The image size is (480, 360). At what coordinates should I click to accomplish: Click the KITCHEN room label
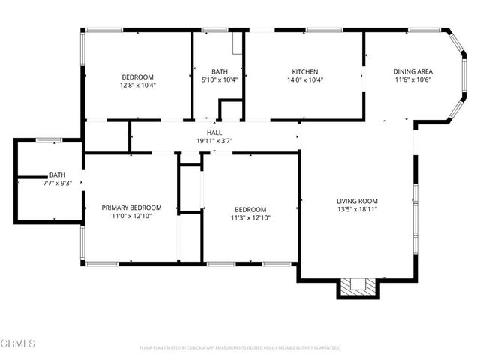[305, 71]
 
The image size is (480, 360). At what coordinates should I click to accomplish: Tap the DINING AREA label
[412, 71]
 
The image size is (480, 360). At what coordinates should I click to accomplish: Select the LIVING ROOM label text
[357, 201]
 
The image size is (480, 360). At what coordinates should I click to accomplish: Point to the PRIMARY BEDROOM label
[132, 208]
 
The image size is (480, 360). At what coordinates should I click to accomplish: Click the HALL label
[214, 132]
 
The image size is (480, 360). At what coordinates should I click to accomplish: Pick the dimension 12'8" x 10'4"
[138, 85]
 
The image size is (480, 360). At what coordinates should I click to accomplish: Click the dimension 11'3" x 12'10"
[250, 218]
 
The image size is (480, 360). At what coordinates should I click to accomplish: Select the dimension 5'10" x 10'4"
[220, 79]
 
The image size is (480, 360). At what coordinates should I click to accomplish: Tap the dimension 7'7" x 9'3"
[57, 183]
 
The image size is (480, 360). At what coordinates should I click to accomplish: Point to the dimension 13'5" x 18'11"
[357, 210]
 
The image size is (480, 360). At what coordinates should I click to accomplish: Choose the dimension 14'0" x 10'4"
[305, 80]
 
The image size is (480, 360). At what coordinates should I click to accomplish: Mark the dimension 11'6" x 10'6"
[412, 80]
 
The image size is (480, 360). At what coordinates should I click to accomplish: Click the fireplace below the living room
[357, 286]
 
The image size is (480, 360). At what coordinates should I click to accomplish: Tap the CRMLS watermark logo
[19, 343]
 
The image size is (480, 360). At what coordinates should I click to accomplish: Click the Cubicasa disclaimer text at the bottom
[240, 348]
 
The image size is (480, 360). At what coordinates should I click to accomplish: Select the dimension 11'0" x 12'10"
[132, 217]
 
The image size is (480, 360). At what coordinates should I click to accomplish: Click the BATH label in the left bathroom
[57, 175]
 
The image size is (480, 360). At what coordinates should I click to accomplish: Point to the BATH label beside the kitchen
[220, 71]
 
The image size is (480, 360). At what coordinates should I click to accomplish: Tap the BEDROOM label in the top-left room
[138, 76]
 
